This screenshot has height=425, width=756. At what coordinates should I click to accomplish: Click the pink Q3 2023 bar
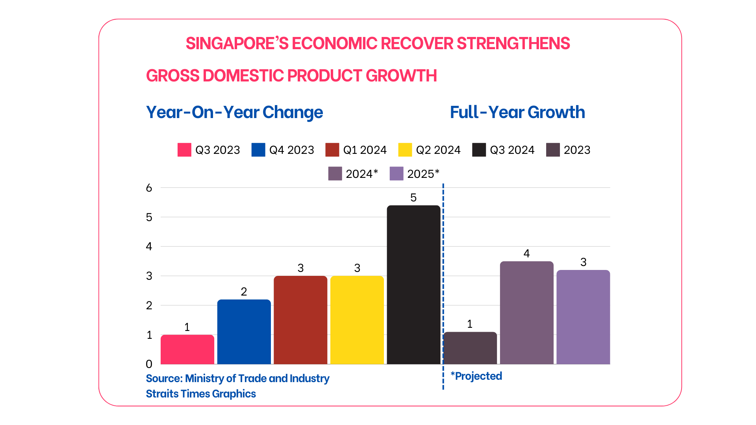pos(187,349)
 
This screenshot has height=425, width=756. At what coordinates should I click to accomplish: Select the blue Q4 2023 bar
pos(244,332)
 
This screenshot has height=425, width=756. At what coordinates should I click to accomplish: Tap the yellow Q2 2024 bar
pos(357,320)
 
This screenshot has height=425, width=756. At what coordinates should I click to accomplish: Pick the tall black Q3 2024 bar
pos(413,285)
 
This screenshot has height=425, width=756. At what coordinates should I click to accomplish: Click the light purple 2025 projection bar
pos(583,317)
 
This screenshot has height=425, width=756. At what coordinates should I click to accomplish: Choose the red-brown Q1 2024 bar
pos(300,320)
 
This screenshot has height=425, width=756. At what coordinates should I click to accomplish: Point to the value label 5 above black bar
pos(413,198)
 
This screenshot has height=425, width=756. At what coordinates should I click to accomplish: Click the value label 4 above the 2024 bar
pos(526,253)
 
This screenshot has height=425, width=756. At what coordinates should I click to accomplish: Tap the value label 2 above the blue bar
pos(244,292)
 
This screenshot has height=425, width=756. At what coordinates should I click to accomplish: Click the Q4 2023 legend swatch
pos(258,150)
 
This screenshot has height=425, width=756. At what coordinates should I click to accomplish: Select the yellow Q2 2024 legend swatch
pos(405,150)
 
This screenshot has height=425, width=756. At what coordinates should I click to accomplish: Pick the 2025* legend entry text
pos(423,174)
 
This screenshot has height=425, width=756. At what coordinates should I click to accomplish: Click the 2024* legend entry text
pos(362,174)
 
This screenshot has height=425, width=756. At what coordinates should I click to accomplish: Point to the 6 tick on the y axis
pos(149,188)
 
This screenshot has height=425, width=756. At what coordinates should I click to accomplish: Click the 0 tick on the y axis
pos(149,364)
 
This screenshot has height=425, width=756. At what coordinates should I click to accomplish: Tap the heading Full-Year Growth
pos(517,112)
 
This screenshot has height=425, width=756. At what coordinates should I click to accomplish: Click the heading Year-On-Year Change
pos(234,112)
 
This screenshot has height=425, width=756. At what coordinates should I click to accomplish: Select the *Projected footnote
pos(476,376)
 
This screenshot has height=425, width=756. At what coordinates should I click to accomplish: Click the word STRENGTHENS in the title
pos(513,43)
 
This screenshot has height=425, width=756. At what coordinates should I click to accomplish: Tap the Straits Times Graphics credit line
pos(201,394)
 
